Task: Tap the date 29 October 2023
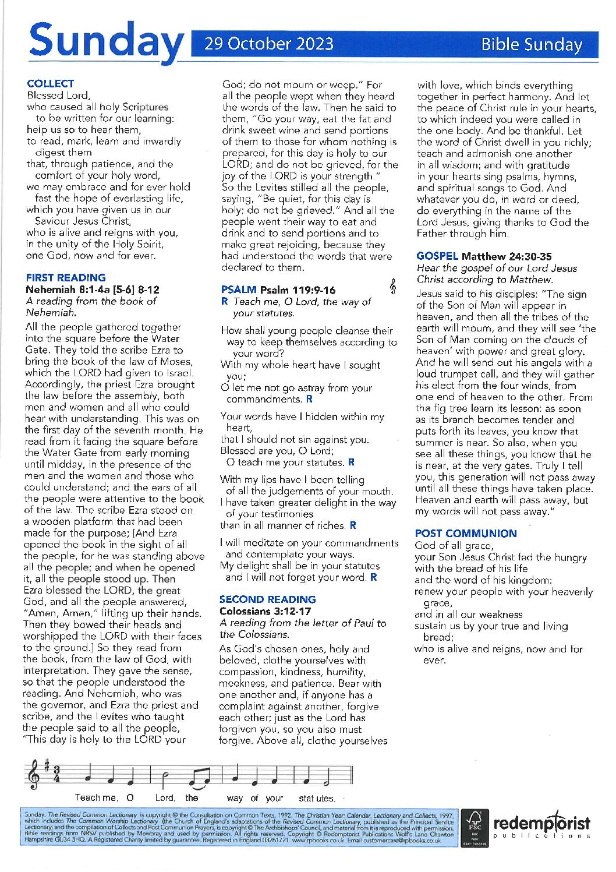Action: pyautogui.click(x=268, y=44)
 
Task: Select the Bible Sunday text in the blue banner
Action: pyautogui.click(x=531, y=45)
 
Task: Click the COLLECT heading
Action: pyautogui.click(x=51, y=84)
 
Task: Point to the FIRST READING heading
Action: pyautogui.click(x=66, y=278)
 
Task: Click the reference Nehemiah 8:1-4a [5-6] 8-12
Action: pyautogui.click(x=92, y=290)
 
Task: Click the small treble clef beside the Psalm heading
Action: pyautogui.click(x=394, y=286)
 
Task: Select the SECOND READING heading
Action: pyautogui.click(x=267, y=599)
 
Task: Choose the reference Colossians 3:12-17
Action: pyautogui.click(x=265, y=611)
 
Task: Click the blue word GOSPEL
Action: pyautogui.click(x=437, y=256)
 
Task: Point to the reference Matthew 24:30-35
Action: pyautogui.click(x=507, y=256)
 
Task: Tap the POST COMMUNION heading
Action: pyautogui.click(x=465, y=534)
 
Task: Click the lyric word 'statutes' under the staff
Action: pyautogui.click(x=317, y=798)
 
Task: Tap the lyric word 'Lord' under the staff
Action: pyautogui.click(x=164, y=798)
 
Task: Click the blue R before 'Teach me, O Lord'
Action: pyautogui.click(x=224, y=302)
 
